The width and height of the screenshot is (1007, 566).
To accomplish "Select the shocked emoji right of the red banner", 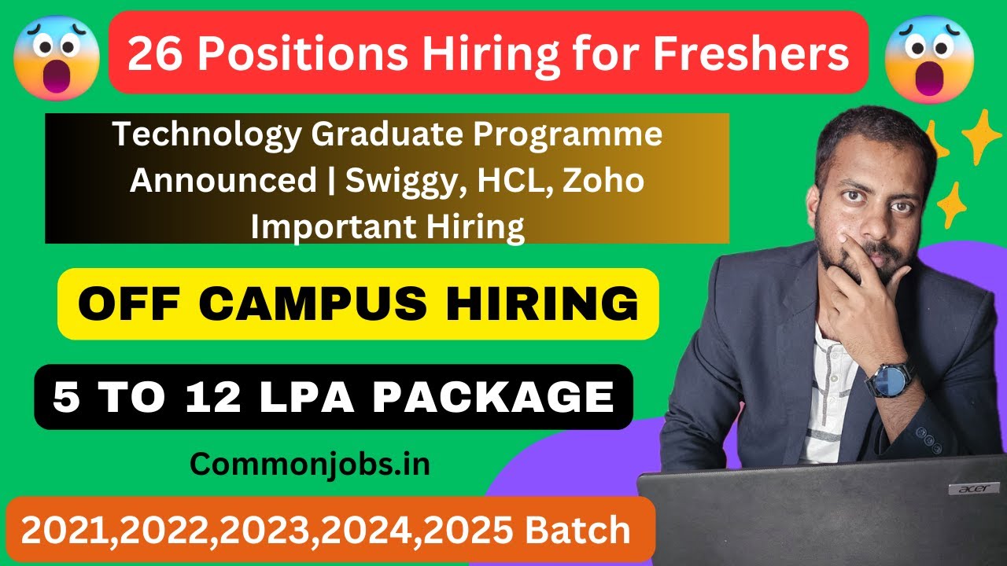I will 929,60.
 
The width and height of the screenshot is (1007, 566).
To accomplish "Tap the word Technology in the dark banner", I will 207,134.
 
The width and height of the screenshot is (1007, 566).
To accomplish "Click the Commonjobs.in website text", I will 310,464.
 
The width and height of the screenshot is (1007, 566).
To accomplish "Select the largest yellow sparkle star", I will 981,136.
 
